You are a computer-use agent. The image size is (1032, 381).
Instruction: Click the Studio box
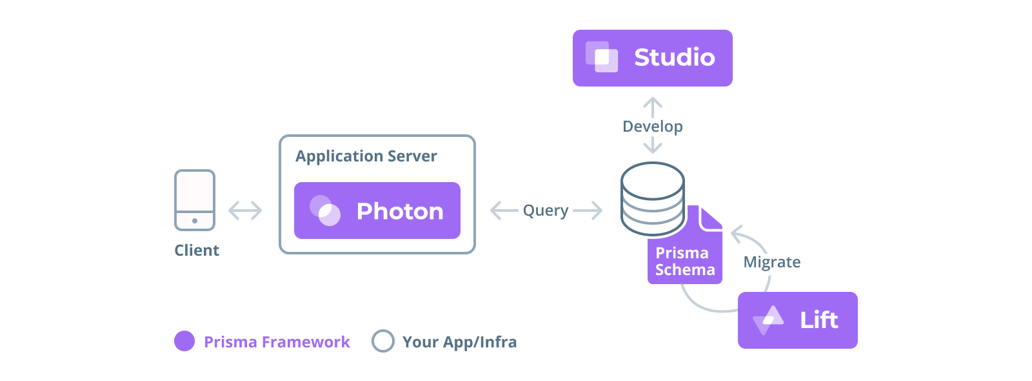(x=652, y=58)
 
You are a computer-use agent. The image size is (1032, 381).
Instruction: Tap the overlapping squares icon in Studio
(x=601, y=57)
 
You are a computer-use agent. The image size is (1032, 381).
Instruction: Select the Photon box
(x=377, y=211)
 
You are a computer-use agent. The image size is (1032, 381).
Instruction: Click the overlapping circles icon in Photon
(x=325, y=211)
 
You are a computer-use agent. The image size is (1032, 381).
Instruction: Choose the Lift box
(x=797, y=320)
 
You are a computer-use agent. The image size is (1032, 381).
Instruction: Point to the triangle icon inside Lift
(x=768, y=319)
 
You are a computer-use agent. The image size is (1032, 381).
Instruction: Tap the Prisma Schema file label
(x=684, y=262)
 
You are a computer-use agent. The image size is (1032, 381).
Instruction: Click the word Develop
(x=652, y=127)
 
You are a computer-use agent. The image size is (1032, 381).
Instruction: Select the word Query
(x=546, y=211)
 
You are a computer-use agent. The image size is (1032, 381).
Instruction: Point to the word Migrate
(x=771, y=262)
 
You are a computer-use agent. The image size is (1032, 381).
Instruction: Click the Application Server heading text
(x=366, y=156)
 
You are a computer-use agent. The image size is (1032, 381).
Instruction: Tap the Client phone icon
(x=195, y=200)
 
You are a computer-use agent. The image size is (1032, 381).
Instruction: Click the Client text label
(x=197, y=251)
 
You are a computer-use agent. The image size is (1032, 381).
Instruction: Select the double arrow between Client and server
(x=245, y=211)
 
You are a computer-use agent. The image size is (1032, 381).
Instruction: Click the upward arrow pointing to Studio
(x=653, y=106)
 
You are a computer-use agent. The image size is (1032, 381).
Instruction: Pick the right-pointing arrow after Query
(x=588, y=211)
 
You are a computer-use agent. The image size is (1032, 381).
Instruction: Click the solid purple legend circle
(x=184, y=341)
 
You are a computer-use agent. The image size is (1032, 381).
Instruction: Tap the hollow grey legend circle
(x=383, y=341)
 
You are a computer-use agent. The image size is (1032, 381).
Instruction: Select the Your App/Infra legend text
(x=459, y=342)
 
